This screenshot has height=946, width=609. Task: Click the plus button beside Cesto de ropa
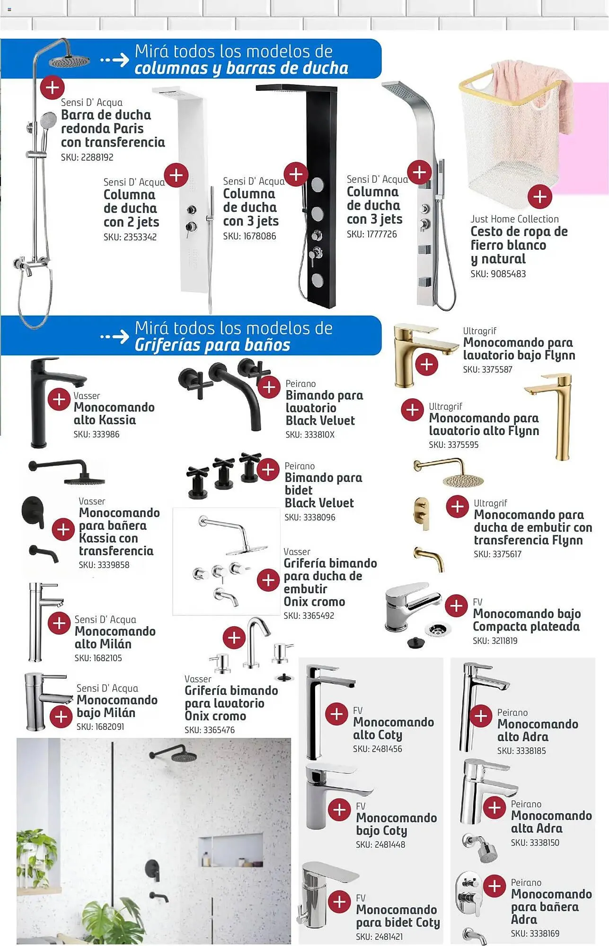click(x=540, y=196)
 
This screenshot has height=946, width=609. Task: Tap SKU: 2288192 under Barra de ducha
click(x=87, y=158)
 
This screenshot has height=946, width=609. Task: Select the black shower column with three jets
click(x=314, y=196)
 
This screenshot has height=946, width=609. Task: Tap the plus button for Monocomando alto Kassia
click(x=60, y=400)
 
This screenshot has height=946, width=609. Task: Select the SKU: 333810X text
click(x=310, y=435)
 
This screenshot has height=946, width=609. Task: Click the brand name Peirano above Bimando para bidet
click(x=300, y=466)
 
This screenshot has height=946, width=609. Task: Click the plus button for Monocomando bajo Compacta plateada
click(x=457, y=606)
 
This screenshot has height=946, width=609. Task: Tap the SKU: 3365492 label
click(x=309, y=616)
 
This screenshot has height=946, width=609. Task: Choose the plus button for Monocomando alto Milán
click(x=60, y=623)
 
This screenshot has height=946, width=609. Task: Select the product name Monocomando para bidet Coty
click(x=398, y=916)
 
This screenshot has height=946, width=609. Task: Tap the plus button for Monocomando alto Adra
click(x=481, y=716)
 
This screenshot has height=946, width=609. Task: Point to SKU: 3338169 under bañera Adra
click(x=535, y=934)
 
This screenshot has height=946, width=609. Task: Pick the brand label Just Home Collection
click(x=514, y=219)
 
